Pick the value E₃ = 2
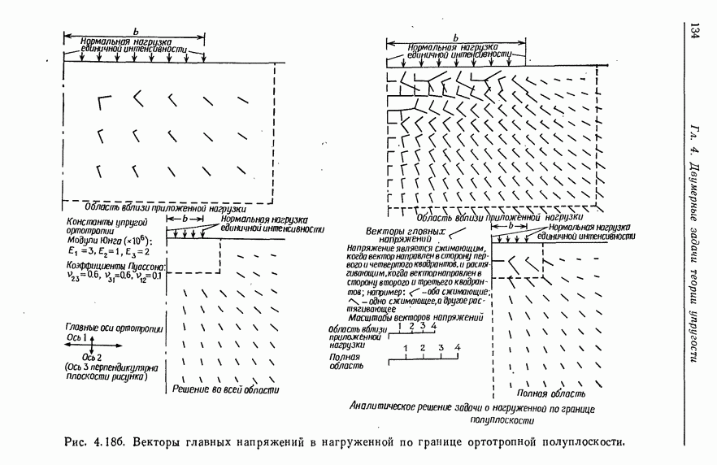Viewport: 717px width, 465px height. (149, 253)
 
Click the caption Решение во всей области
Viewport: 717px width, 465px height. (227, 391)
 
